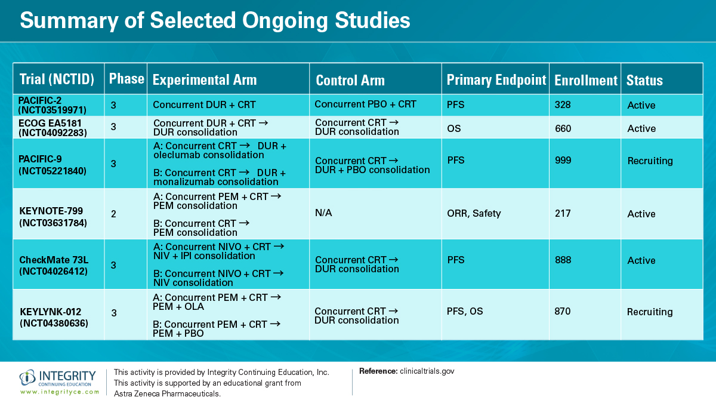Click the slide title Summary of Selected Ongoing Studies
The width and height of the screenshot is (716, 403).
point(215,21)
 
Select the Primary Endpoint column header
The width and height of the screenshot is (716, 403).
point(496,80)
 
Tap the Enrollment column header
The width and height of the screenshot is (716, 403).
point(585,81)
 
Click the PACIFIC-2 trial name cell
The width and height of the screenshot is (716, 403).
point(53,104)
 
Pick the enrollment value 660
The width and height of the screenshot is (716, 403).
point(563,128)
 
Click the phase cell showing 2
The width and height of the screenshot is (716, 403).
point(113,214)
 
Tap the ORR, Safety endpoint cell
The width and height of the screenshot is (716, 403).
point(474,213)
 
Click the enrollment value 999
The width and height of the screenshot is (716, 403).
point(563,160)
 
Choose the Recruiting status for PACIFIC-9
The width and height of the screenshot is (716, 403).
point(650,161)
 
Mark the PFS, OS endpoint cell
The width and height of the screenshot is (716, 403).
point(465,311)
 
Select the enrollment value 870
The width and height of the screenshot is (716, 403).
point(563,311)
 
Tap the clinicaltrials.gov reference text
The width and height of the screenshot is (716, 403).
point(427,371)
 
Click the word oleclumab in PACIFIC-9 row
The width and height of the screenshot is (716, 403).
point(176,155)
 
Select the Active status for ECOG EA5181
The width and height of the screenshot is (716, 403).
point(641,128)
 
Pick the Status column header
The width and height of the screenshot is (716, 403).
point(644,81)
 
